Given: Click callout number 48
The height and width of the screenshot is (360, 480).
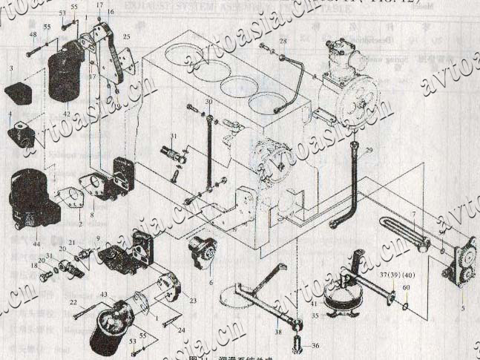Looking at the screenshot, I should pyautogui.click(x=32, y=35).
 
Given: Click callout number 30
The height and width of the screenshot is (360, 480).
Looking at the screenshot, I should pyautogui.click(x=208, y=101).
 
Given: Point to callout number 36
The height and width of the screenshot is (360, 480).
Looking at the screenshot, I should pyautogui.click(x=315, y=345).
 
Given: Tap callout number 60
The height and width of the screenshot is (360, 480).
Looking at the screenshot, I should pyautogui.click(x=406, y=287).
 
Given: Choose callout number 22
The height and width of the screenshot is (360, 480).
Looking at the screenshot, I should pyautogui.click(x=74, y=302).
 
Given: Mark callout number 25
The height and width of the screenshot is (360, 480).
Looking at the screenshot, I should pyautogui.click(x=126, y=36).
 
